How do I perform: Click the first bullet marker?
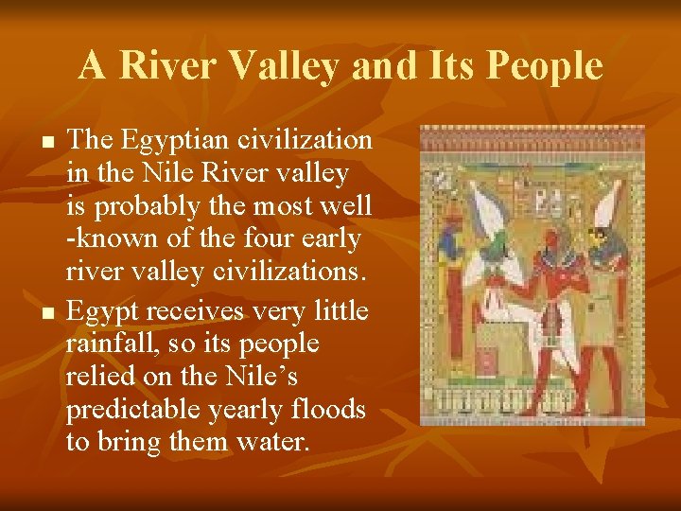click(48, 141)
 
